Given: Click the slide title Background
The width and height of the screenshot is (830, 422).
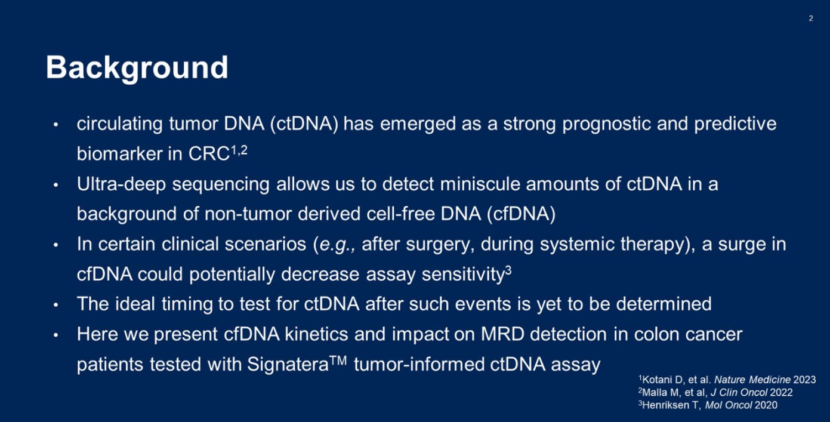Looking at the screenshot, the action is [x=137, y=69].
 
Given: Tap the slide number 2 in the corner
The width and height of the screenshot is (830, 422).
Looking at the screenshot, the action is [x=811, y=18].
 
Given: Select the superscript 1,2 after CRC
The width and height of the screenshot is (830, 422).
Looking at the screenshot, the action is [x=239, y=150].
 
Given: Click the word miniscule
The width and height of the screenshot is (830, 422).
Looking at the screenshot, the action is [x=480, y=184].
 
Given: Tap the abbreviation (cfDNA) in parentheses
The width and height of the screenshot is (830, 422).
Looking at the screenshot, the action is [x=521, y=214].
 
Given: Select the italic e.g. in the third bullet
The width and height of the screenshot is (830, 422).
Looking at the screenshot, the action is [x=335, y=245].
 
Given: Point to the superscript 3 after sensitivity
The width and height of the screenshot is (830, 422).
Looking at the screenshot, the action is [x=508, y=270].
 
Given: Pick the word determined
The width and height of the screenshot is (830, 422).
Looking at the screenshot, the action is [x=664, y=304].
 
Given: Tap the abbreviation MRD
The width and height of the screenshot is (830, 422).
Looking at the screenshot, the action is [x=502, y=334].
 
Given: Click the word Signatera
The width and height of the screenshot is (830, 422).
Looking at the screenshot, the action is [x=288, y=365].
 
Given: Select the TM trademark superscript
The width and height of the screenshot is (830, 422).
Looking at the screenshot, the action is [x=338, y=360].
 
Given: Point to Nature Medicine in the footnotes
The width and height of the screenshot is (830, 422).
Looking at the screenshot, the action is [x=752, y=380].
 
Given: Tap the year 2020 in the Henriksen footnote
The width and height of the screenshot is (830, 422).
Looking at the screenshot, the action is [x=766, y=405].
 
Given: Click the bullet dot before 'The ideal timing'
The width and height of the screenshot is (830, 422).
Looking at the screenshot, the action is [x=56, y=305].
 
